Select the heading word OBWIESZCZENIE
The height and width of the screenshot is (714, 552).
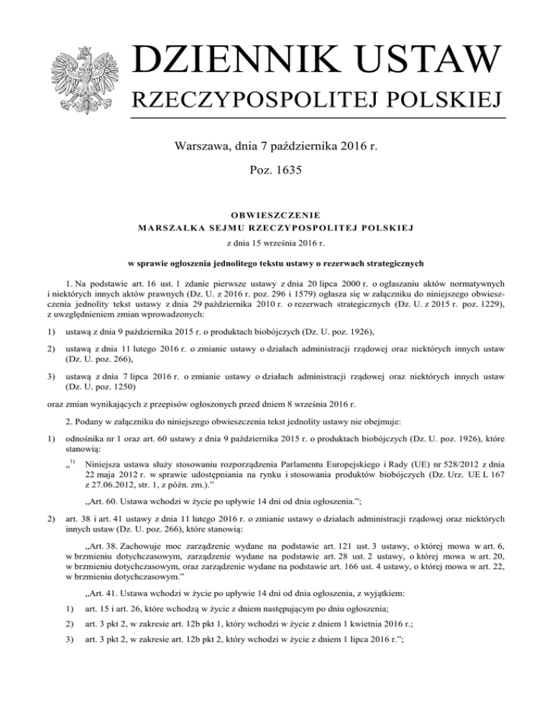(x=276, y=213)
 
